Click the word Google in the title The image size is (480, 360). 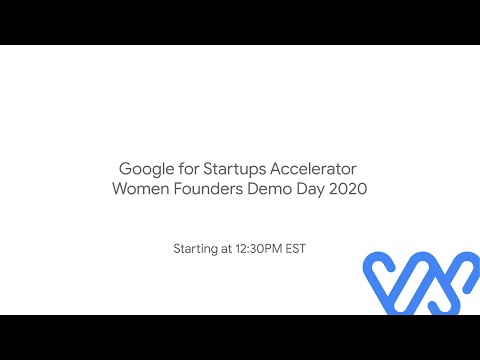point(146,168)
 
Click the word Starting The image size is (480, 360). point(195,247)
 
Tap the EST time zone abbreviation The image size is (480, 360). point(295,247)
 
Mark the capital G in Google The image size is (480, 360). point(125,168)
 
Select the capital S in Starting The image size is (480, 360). point(178,247)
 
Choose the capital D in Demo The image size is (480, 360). point(253,189)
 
